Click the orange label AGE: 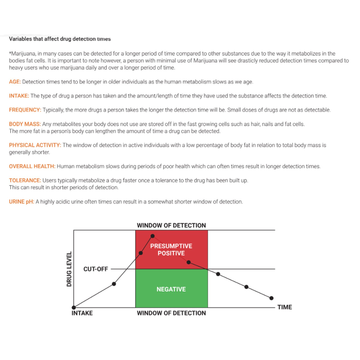tap(15, 82)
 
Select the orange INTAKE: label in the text tap(19, 96)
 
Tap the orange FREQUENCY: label tap(25, 110)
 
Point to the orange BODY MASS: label tap(25, 124)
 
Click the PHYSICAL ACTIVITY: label tap(35, 145)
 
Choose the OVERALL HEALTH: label tap(32, 166)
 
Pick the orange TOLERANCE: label tap(25, 181)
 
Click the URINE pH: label tap(21, 202)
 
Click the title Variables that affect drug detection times tap(60, 39)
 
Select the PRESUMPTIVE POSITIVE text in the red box tap(171, 250)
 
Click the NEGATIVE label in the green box tap(171, 289)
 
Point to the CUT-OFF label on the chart tap(95, 269)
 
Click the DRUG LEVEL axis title tap(69, 269)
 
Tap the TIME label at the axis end tap(285, 308)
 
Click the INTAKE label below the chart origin tap(82, 313)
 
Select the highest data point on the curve tap(152, 236)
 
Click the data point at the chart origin tap(74, 308)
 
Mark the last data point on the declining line tap(271, 298)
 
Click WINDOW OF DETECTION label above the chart tap(171, 226)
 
